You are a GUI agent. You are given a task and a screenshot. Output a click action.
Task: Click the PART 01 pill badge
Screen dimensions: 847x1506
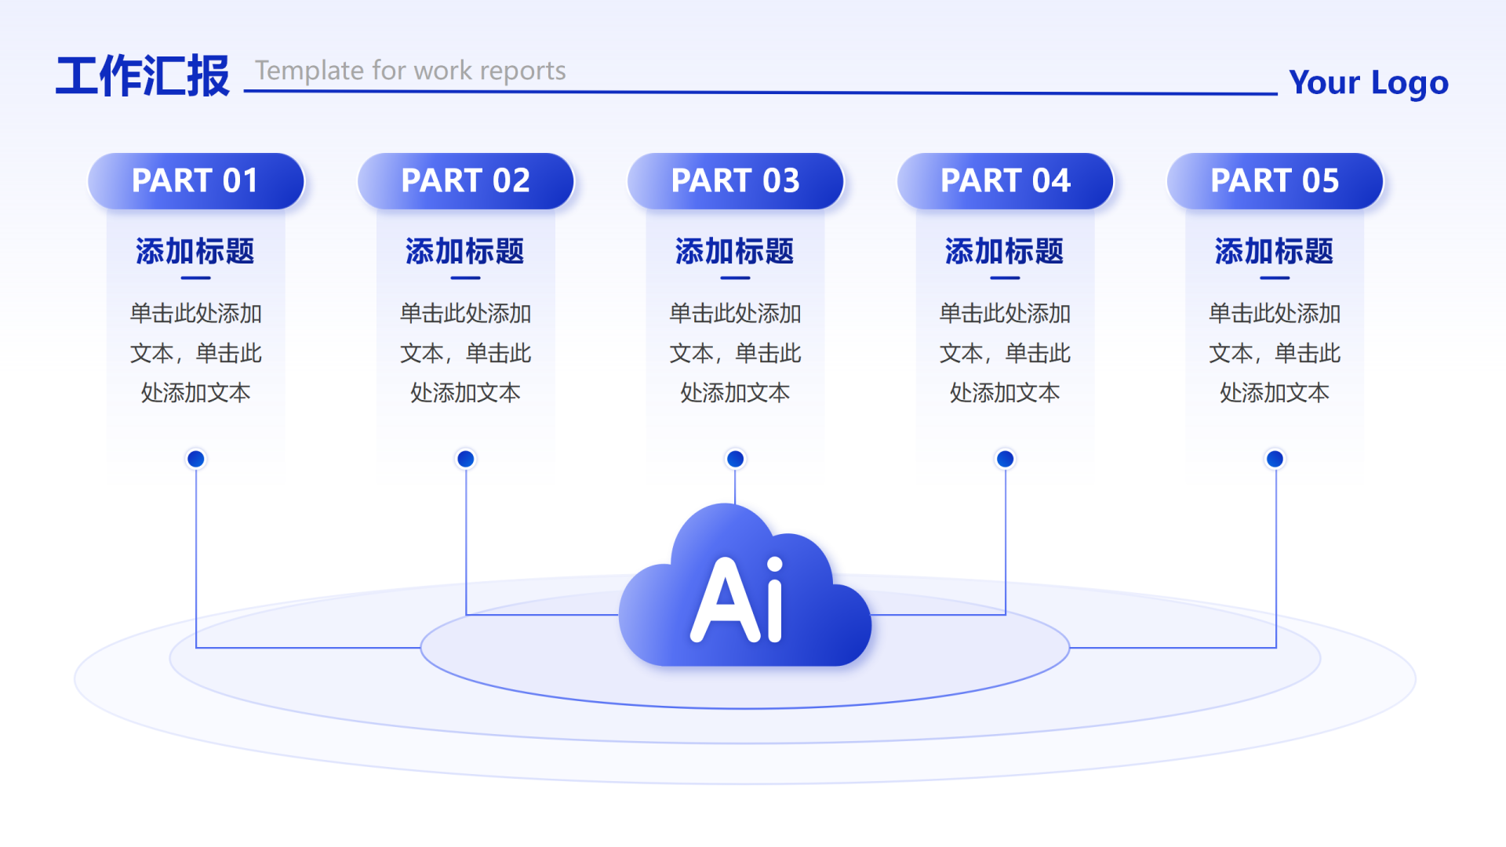coord(195,181)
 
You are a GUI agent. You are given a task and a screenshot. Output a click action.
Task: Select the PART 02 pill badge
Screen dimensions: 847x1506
coord(465,181)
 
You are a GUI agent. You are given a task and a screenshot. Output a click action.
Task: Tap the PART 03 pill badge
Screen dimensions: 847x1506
coord(735,181)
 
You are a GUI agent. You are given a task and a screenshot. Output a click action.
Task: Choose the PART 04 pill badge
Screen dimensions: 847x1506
coord(1005,181)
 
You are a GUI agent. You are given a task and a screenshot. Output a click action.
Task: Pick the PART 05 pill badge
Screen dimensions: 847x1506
coord(1275,181)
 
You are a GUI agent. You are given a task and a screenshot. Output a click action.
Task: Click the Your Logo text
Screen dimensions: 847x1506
coord(1368,83)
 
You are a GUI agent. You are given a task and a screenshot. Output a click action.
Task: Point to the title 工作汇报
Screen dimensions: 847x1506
coord(143,77)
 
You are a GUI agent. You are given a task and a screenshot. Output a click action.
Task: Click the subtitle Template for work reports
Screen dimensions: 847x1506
coord(410,71)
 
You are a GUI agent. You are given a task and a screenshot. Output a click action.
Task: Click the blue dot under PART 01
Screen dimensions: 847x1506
coord(196,459)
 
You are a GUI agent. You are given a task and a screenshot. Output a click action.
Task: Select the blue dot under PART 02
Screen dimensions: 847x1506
coord(466,459)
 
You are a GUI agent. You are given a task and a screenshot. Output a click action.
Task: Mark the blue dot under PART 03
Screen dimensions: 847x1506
coord(735,459)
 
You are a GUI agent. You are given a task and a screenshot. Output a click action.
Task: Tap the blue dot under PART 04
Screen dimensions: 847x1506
coord(1005,459)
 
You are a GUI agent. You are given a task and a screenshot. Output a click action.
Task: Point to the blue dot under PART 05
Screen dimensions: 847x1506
coord(1275,459)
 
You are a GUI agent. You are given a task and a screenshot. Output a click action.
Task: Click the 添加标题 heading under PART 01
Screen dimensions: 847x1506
coord(195,252)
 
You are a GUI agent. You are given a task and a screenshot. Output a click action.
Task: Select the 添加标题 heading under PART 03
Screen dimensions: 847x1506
coord(735,252)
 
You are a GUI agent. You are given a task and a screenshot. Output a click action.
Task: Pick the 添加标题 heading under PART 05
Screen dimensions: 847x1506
coord(1275,252)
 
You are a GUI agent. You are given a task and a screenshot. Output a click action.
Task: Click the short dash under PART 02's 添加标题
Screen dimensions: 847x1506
coord(465,278)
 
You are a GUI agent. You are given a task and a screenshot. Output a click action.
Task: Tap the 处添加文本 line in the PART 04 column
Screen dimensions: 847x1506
coord(1005,393)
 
